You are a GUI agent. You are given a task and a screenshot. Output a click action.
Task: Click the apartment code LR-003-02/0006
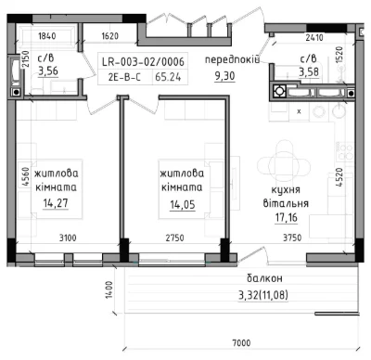tap(143, 62)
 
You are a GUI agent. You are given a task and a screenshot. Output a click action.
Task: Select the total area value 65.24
tap(168, 77)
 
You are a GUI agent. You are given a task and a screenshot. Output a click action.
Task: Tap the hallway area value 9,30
tap(224, 76)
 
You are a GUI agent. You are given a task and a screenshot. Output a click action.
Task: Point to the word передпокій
tap(232, 59)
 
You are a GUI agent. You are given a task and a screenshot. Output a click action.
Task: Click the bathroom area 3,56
tap(48, 71)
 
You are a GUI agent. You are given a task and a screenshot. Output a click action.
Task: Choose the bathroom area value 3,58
tap(309, 71)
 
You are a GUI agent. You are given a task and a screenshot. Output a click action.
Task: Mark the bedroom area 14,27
tap(56, 203)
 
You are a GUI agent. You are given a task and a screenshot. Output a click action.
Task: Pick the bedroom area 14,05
tap(183, 204)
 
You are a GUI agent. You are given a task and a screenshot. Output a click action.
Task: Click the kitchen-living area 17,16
tap(287, 217)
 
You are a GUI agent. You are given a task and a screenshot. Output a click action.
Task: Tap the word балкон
tap(264, 278)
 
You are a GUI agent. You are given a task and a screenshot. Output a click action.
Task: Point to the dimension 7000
tap(241, 343)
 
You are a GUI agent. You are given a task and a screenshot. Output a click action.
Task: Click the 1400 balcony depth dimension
tap(109, 289)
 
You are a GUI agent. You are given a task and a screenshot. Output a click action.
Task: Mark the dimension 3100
tap(68, 238)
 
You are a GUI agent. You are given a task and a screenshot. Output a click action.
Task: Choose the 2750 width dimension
tap(174, 238)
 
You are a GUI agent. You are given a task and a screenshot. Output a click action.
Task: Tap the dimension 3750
tap(292, 238)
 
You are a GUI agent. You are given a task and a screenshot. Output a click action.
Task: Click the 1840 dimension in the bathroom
tap(47, 36)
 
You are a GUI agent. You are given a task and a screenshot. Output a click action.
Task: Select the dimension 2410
tap(314, 38)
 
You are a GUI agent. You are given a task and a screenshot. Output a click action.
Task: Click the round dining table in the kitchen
tap(284, 166)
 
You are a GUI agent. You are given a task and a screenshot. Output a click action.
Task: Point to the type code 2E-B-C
tap(124, 77)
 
